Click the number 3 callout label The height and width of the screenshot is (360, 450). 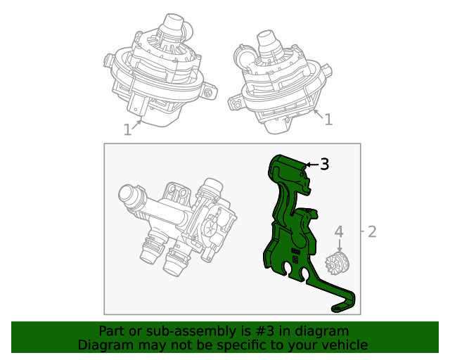[x=324, y=165]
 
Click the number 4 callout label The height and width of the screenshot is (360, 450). [x=339, y=231]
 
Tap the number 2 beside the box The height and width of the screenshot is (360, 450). [x=372, y=231]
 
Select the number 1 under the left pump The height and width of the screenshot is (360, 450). [x=127, y=129]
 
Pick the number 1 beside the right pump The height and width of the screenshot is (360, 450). [x=328, y=120]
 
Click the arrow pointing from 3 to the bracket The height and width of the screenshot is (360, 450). [x=310, y=165]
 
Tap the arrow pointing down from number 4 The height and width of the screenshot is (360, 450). [x=339, y=245]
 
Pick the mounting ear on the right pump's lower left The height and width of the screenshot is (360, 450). [x=235, y=104]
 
